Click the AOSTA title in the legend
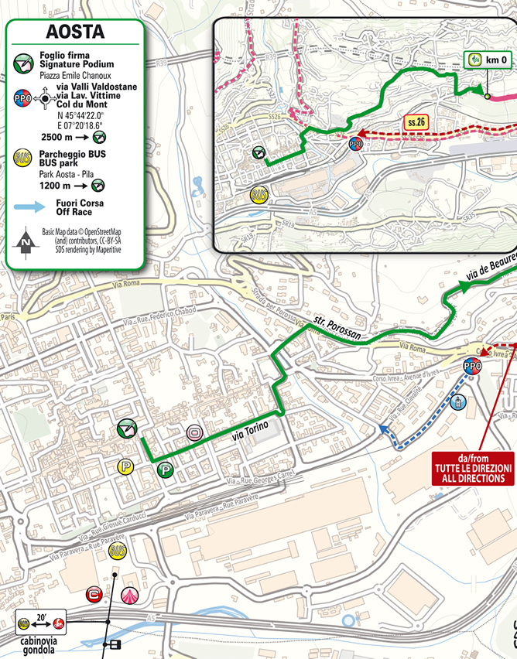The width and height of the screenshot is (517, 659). point(74,32)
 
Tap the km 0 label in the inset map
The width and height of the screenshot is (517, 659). point(488,60)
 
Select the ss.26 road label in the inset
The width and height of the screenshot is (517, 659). point(416,121)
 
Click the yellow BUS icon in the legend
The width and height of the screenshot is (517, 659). point(23,159)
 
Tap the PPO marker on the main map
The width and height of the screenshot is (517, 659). point(471,366)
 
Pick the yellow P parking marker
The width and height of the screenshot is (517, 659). point(124,466)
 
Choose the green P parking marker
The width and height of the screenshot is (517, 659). point(165,469)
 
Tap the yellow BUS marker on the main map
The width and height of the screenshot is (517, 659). point(118,551)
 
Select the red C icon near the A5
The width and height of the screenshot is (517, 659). point(95,594)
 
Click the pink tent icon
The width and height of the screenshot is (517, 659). point(129,596)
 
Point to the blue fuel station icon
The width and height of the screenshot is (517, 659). point(458,401)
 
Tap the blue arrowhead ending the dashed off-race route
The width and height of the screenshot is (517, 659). point(383,428)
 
